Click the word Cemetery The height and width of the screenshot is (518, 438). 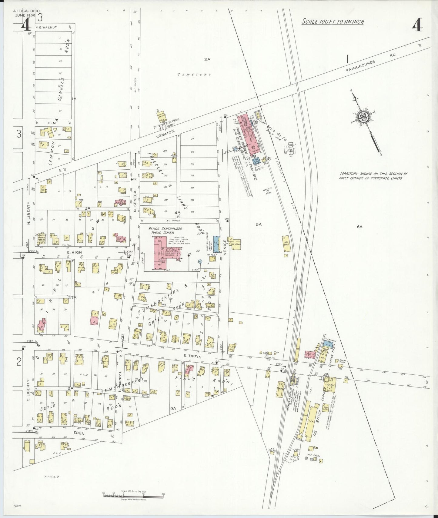194,74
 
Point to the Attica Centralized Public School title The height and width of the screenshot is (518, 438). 165,231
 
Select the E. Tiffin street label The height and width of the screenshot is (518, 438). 192,357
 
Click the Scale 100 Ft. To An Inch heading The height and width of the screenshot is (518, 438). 333,22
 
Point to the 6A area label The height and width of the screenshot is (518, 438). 359,227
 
